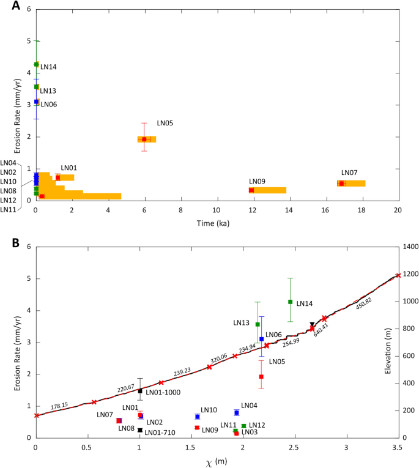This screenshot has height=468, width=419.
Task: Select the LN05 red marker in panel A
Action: (144, 139)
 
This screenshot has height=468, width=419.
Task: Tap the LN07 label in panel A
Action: (349, 173)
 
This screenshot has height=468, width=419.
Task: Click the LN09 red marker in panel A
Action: (251, 190)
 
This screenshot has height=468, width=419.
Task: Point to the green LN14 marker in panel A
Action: (37, 64)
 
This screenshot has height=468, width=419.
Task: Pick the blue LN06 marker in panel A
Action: (37, 102)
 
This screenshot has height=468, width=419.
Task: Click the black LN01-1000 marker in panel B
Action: (140, 391)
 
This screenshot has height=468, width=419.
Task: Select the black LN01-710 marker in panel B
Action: (140, 430)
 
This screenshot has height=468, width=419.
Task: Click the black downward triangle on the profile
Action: (312, 324)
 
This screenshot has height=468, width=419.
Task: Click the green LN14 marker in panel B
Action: (290, 302)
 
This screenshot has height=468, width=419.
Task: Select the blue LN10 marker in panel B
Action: (197, 417)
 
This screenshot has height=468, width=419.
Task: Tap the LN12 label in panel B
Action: (257, 425)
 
